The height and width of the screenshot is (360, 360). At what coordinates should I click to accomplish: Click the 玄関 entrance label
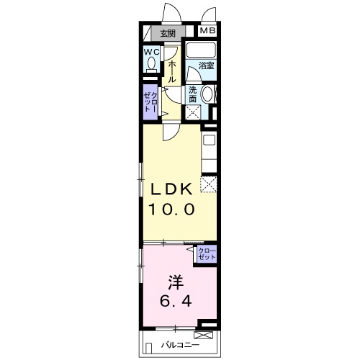(x=168, y=33)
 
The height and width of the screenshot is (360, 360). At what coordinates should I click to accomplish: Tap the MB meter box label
(x=207, y=31)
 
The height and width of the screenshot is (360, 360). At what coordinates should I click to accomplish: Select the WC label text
(x=150, y=53)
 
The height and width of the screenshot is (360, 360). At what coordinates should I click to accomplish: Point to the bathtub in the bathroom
(x=201, y=53)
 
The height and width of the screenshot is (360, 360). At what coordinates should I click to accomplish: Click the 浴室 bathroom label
(x=206, y=67)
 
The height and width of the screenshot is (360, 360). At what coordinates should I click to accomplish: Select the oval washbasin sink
(x=207, y=95)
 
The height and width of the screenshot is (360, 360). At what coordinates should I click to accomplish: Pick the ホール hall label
(x=172, y=72)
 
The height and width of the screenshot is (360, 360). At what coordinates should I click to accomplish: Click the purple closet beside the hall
(x=150, y=102)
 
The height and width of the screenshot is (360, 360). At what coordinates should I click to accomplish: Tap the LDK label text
(x=171, y=190)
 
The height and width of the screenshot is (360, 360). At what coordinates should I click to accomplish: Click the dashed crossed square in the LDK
(x=208, y=184)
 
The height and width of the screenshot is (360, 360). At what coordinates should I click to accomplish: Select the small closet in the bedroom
(x=207, y=254)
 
